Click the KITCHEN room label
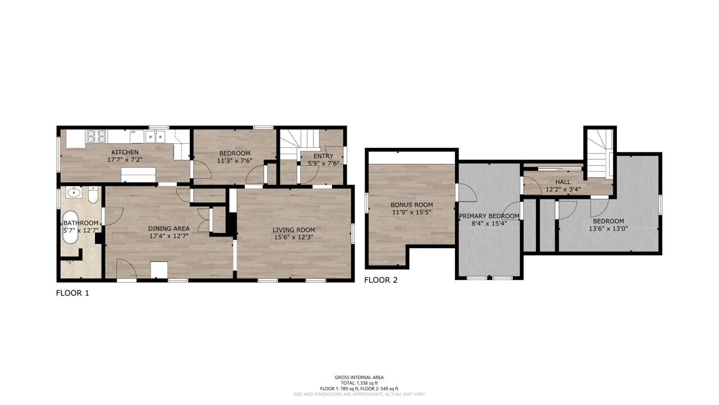tap(125, 152)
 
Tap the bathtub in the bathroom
tap(70, 227)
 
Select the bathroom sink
tap(74, 192)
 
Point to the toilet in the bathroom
tap(93, 195)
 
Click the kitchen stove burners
tap(97, 136)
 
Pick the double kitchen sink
tap(155, 136)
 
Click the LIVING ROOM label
tap(294, 230)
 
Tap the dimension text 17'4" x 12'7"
tap(169, 236)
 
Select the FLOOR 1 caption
tap(72, 293)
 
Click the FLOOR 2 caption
tap(381, 280)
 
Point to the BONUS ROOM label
tap(412, 205)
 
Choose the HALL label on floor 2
tap(563, 182)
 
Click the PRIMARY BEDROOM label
tap(489, 216)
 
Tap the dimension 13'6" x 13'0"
tap(608, 228)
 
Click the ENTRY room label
tap(323, 156)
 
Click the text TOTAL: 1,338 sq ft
tap(359, 383)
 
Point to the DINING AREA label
tap(169, 228)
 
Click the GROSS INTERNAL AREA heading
tap(359, 377)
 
